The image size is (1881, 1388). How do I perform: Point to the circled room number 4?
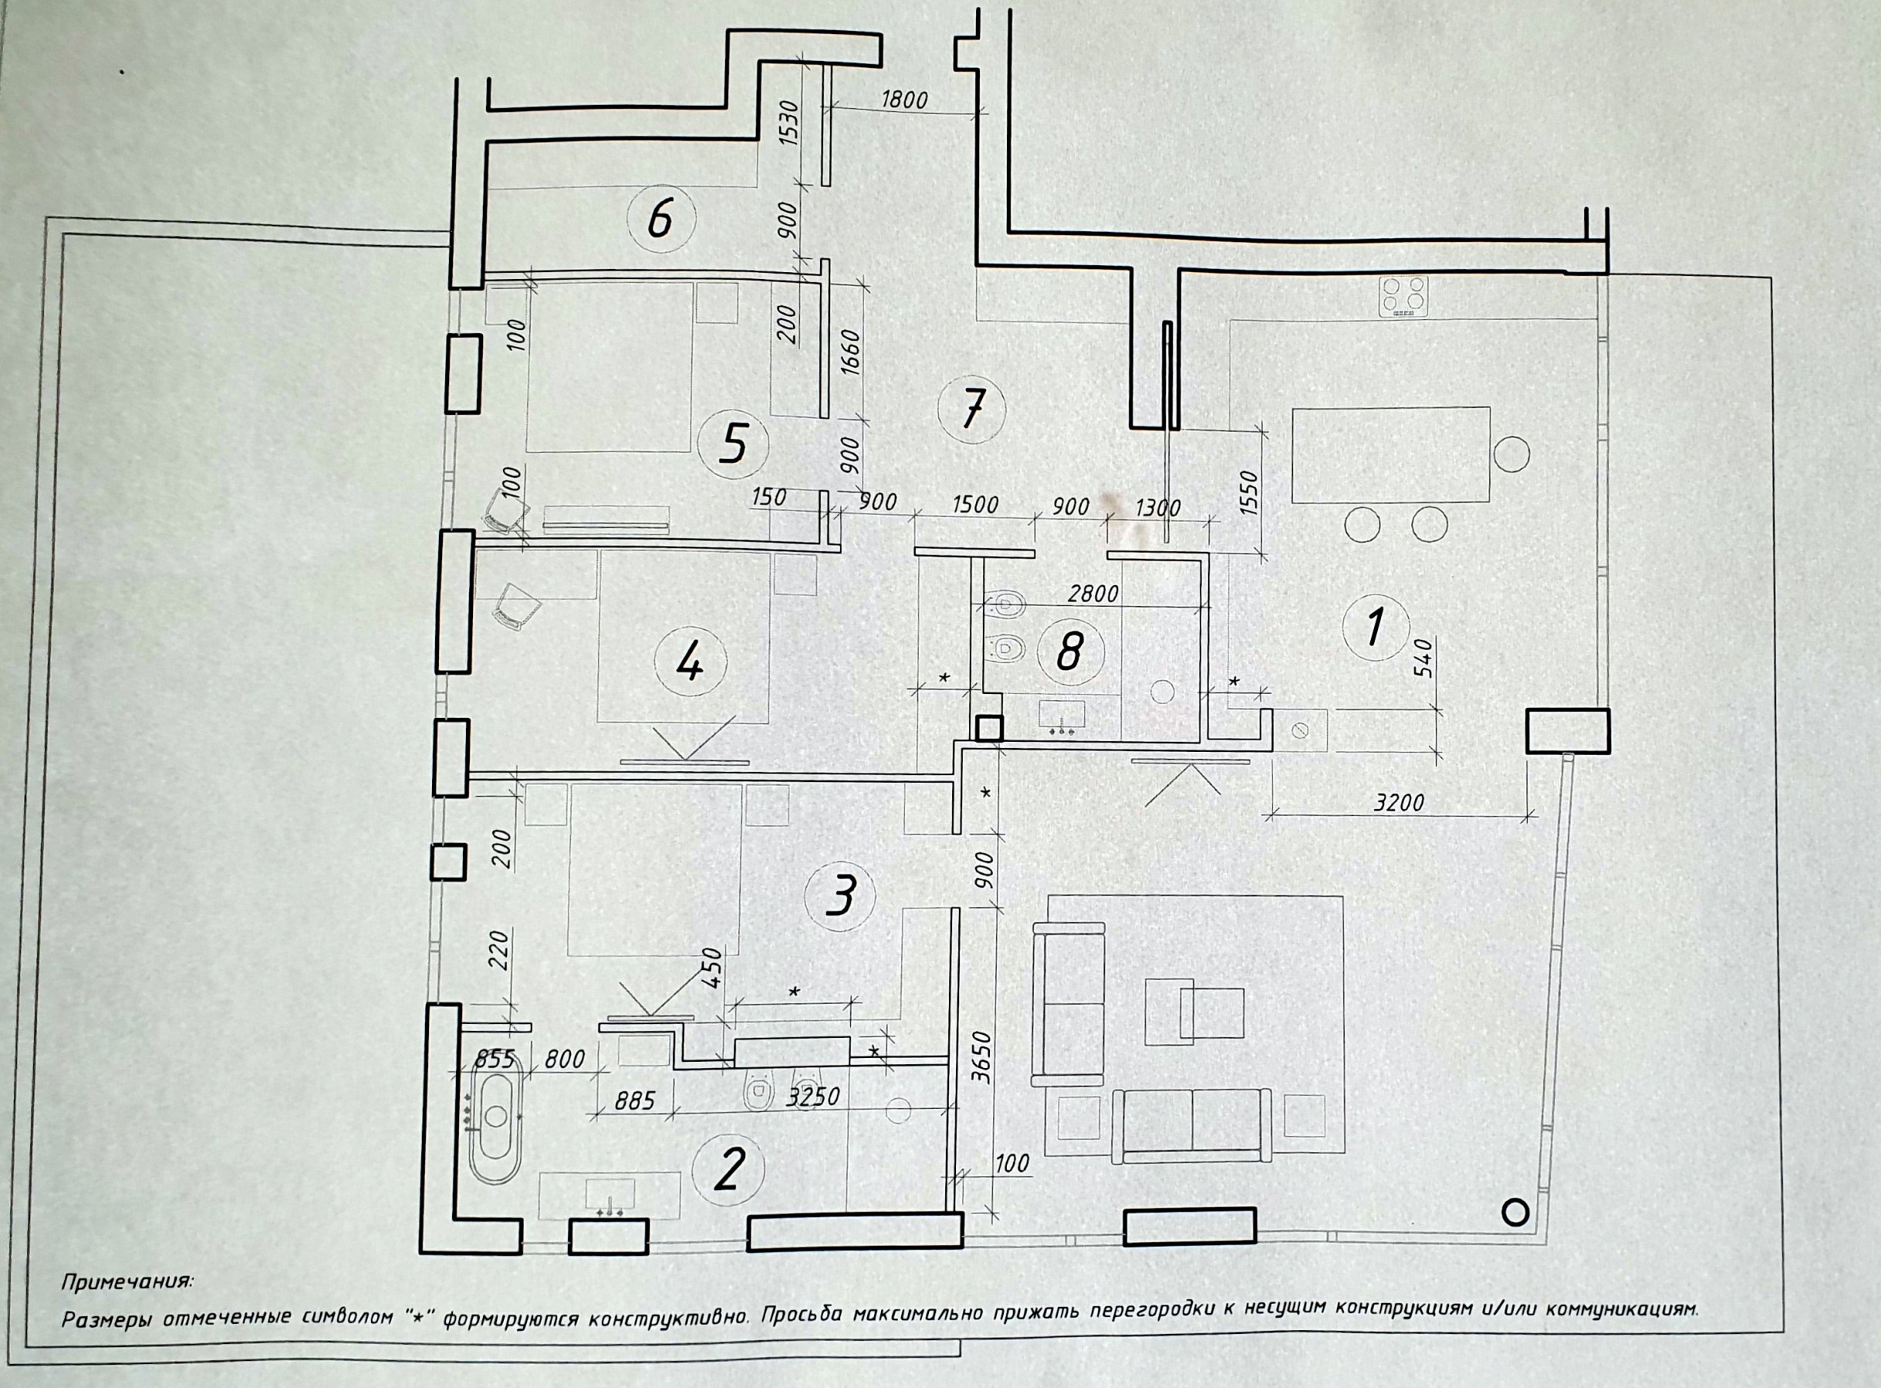[689, 666]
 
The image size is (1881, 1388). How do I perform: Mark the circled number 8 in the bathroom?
[1069, 651]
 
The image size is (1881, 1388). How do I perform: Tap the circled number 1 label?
[1376, 628]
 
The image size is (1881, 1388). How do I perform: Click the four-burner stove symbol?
[1403, 296]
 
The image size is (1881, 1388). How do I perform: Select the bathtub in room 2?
[496, 1117]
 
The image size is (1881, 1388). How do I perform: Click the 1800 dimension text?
[904, 100]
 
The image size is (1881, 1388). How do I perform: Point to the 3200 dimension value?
[1399, 803]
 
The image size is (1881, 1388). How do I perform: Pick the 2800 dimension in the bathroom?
[1092, 594]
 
